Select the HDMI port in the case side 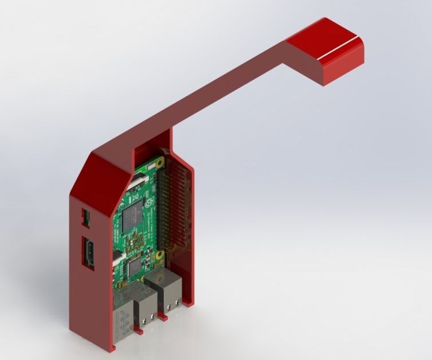[90, 252]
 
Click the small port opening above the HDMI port [86, 217]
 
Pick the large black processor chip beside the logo [133, 218]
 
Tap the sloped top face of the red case [106, 178]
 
